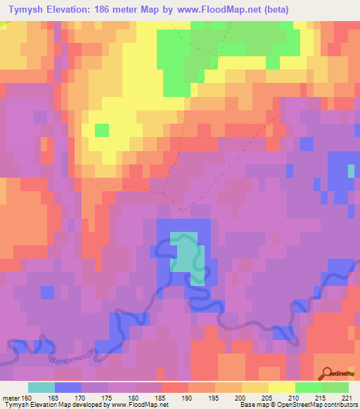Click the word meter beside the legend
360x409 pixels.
pyautogui.click(x=8, y=398)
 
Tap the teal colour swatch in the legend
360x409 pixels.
pyautogui.click(x=41, y=387)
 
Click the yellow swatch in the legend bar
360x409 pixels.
pyautogui.click(x=282, y=387)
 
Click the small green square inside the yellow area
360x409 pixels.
pyautogui.click(x=102, y=130)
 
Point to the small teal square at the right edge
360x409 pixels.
pyautogui.click(x=352, y=171)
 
